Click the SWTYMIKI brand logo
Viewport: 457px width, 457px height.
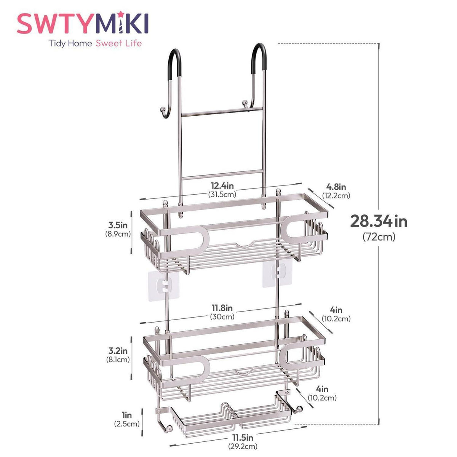[83, 23]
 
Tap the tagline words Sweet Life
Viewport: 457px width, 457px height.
[118, 43]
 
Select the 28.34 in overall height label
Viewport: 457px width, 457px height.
[379, 221]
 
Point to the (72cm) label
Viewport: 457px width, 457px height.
[379, 237]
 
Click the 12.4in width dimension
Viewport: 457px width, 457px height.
[222, 185]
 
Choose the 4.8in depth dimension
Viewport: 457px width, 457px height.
[336, 187]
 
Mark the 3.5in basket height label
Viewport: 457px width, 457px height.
[118, 225]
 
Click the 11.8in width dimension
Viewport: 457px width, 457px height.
[222, 308]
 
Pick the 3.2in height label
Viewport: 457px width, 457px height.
[118, 350]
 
